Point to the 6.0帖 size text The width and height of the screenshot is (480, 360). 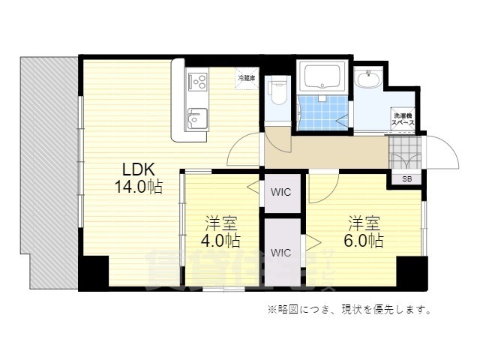click(x=365, y=241)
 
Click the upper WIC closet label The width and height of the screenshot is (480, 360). click(x=281, y=191)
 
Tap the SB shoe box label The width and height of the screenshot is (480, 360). click(x=406, y=179)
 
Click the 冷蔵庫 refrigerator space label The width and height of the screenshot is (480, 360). click(x=246, y=77)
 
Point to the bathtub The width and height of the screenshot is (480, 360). click(x=321, y=76)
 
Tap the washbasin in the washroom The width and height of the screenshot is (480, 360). click(x=369, y=79)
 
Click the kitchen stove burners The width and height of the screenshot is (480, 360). click(x=198, y=80)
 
